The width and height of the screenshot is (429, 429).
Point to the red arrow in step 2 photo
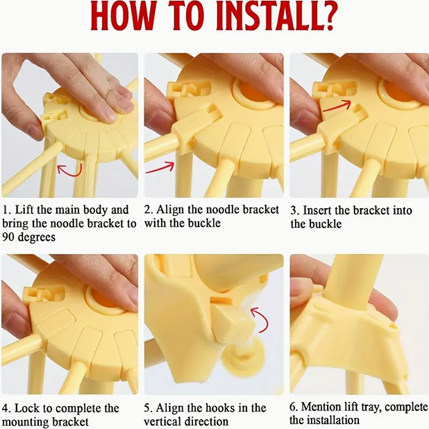pyautogui.click(x=160, y=167)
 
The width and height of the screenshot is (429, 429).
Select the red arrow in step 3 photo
pyautogui.click(x=337, y=105)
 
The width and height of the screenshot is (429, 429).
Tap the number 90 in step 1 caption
pyautogui.click(x=9, y=237)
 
